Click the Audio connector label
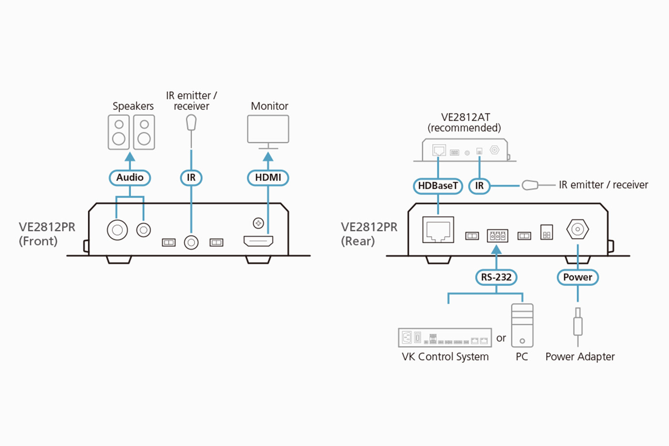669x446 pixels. coord(129,178)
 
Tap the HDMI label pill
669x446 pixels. coord(268,178)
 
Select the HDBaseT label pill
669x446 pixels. coord(438,186)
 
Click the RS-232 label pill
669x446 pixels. coord(496,277)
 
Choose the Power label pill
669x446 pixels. coord(577,277)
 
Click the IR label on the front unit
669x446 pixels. coord(191,178)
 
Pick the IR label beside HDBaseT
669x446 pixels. coord(479,186)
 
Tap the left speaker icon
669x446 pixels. coord(119,132)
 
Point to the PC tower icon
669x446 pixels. coord(522,326)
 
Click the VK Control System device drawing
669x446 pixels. coord(445,337)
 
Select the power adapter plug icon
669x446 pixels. coord(578,326)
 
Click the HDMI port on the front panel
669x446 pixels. coord(258,241)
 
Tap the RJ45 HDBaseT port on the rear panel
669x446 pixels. coord(438,230)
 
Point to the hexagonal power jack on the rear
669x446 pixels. coord(577,229)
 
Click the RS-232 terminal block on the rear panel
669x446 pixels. coord(497,236)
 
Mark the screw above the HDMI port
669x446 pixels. coord(258,223)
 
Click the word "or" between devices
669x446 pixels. coord(501,338)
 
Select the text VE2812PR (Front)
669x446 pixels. coord(47,234)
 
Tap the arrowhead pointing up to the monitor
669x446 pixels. coord(268,157)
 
